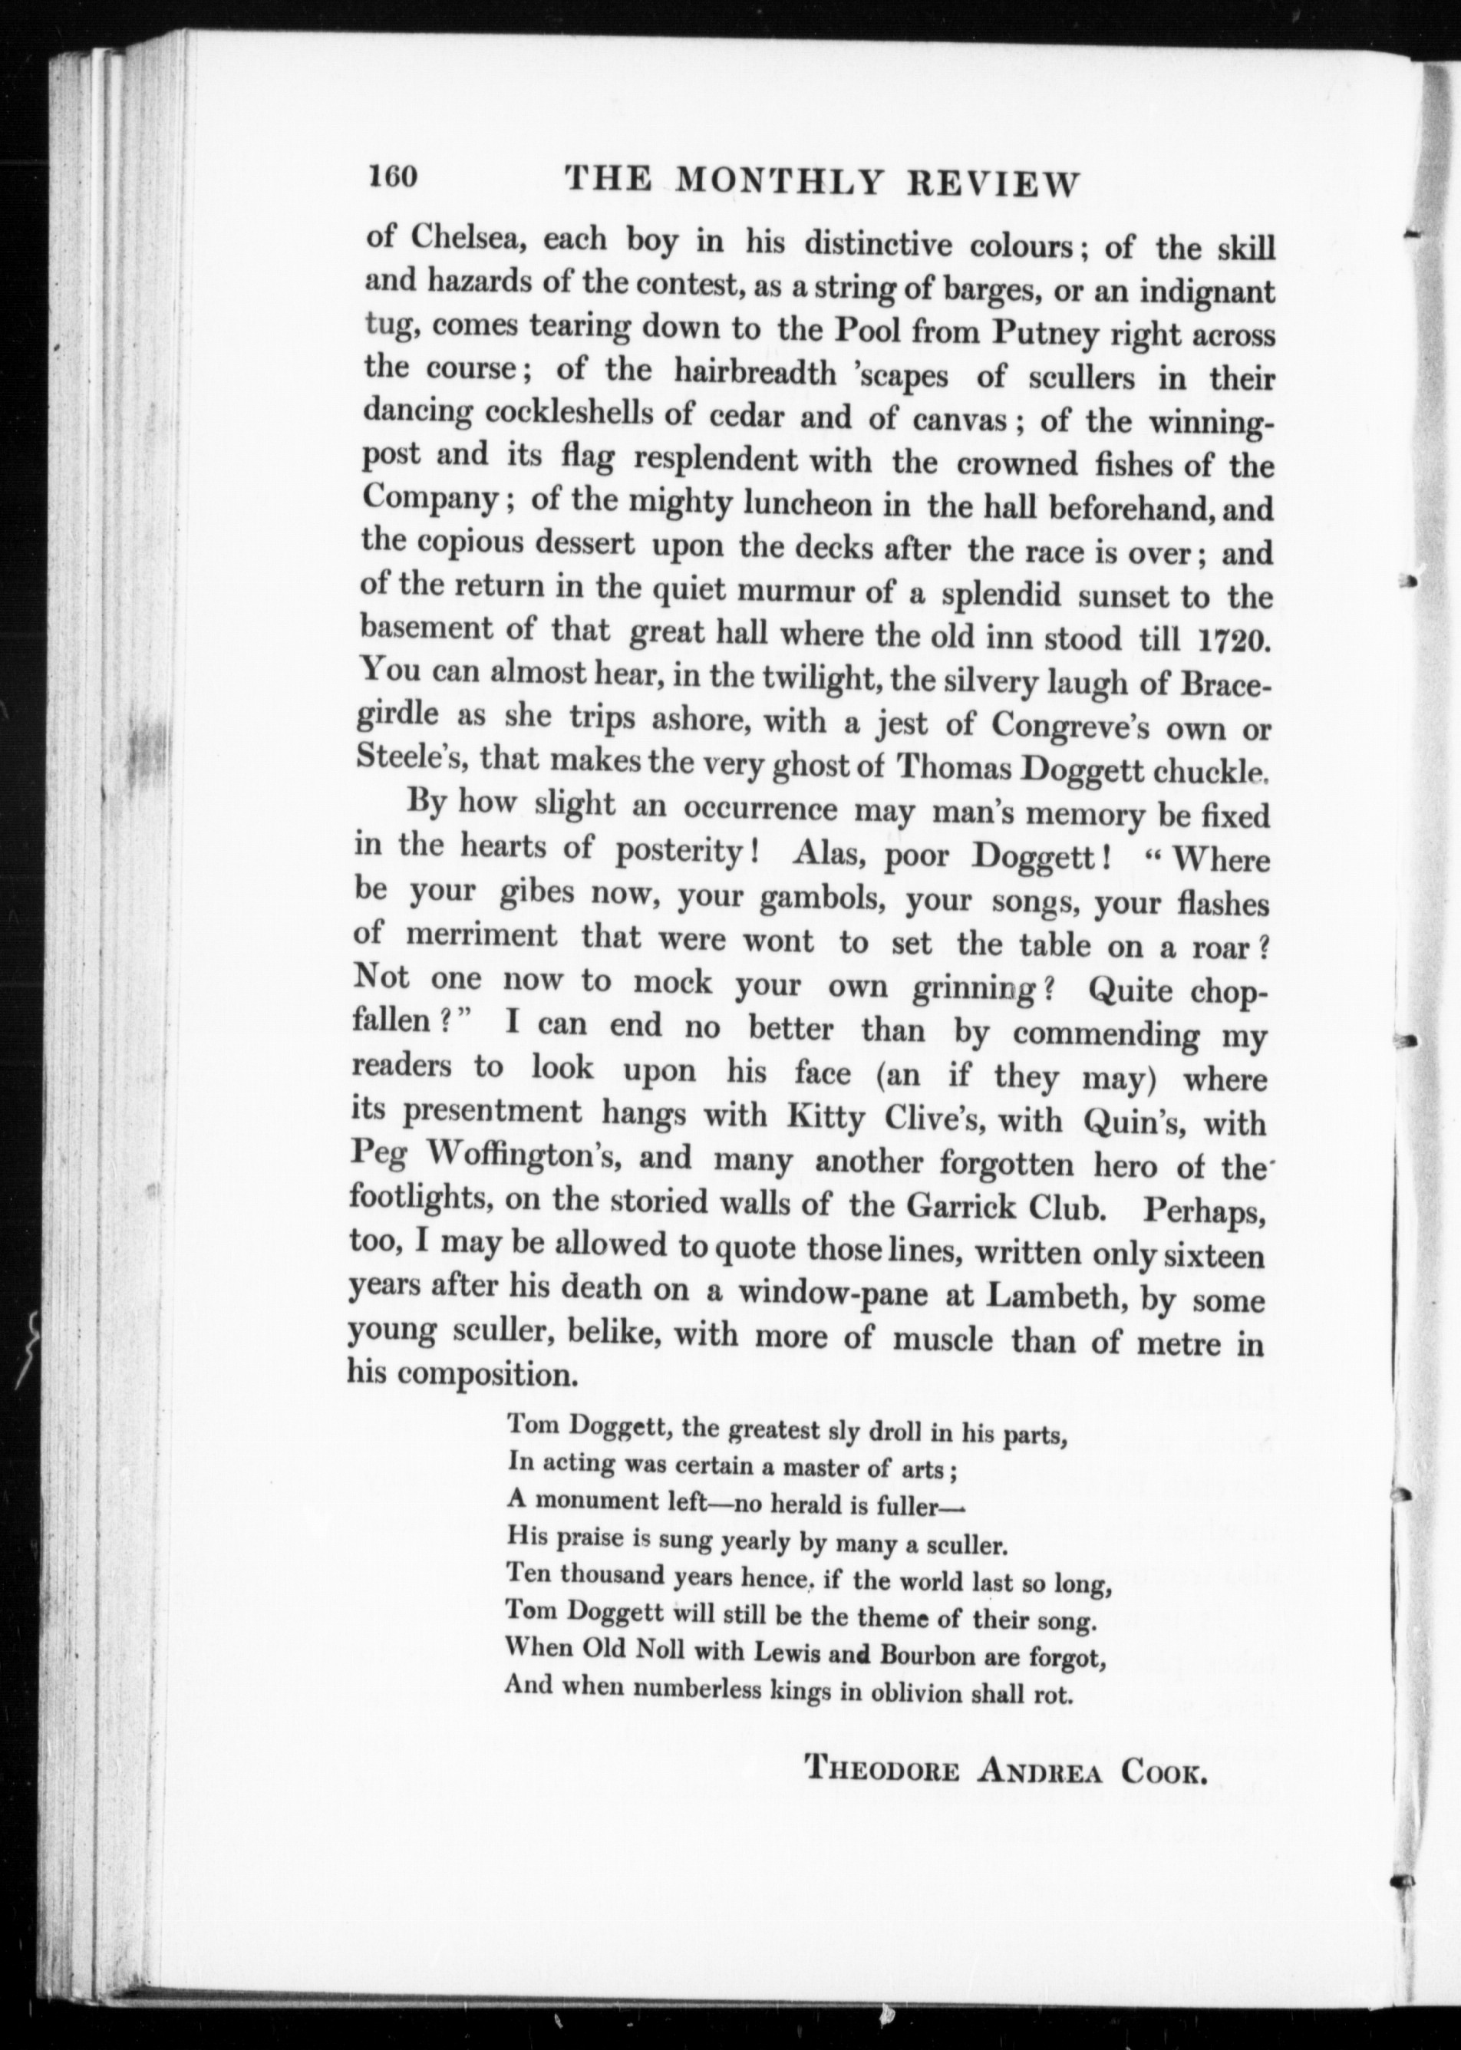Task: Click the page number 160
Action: pos(392,176)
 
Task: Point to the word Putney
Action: pos(1047,335)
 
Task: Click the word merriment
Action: pos(481,935)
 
